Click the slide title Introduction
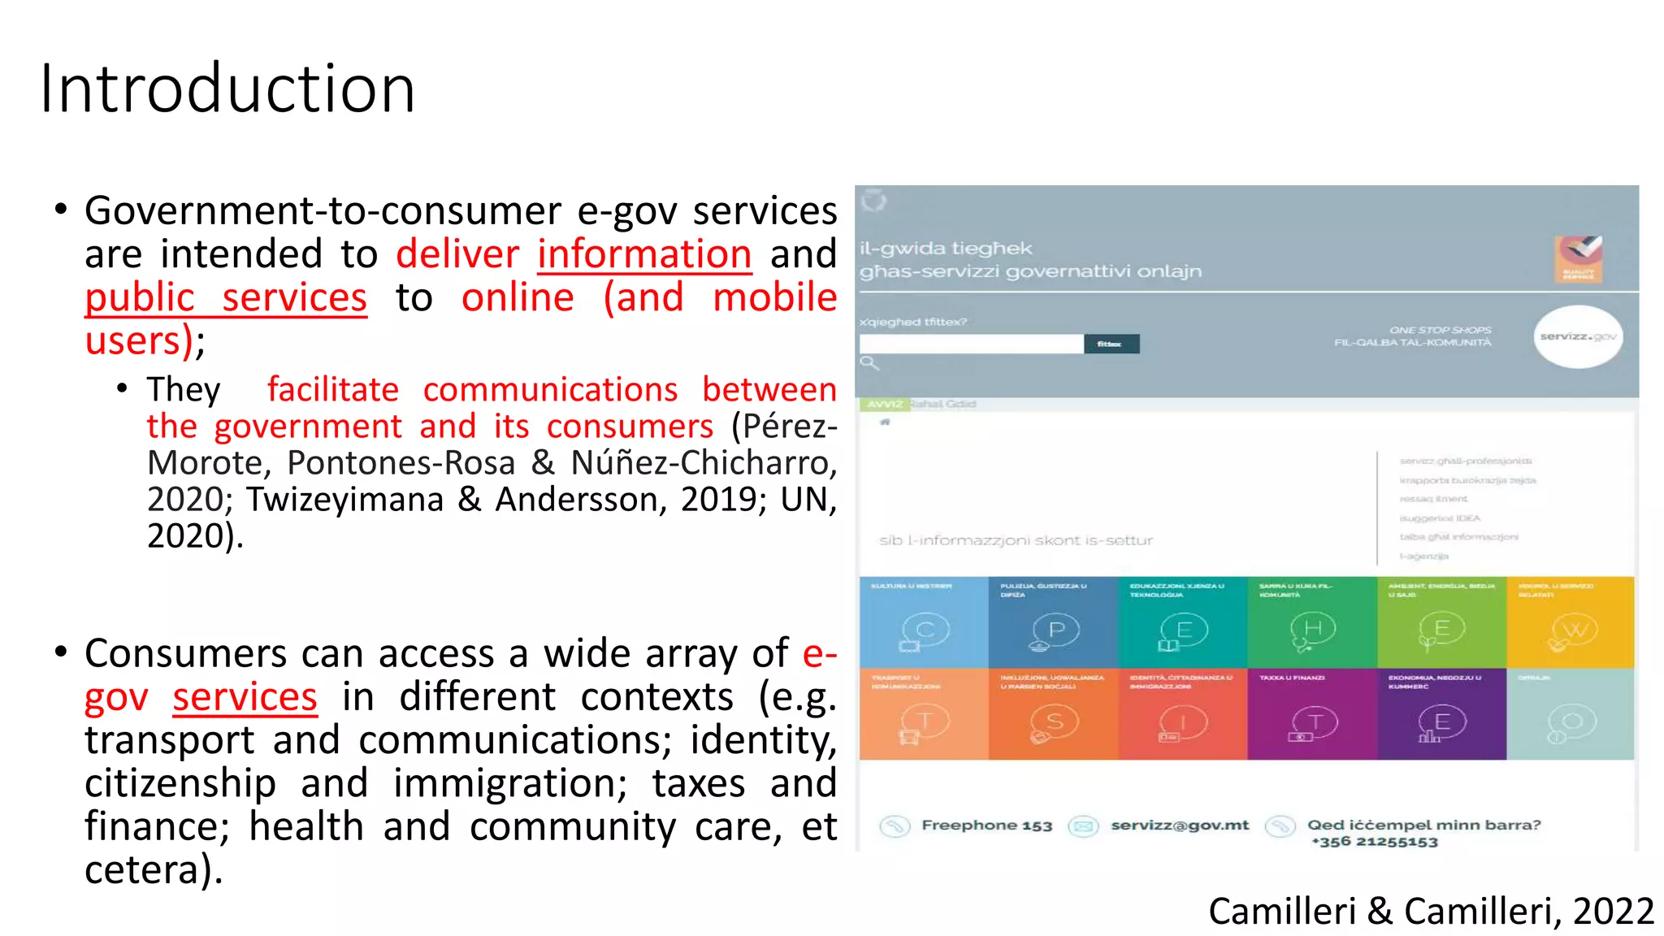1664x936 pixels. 227,88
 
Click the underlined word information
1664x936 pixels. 643,253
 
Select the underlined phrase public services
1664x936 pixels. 226,297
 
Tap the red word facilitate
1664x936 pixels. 333,390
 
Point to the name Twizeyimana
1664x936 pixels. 344,499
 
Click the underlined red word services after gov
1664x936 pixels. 245,697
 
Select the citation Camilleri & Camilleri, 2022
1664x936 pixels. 1431,911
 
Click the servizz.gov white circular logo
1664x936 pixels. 1577,336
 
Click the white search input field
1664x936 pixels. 971,344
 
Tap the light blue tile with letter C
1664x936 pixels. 924,622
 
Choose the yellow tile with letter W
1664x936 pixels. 1570,622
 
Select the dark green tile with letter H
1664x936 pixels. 1311,622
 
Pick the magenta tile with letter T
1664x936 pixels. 1311,714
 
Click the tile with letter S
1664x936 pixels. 1053,714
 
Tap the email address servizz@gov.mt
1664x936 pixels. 1180,825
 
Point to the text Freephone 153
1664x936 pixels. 986,825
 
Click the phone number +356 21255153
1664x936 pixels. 1375,842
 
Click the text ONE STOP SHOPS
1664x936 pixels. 1440,330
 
